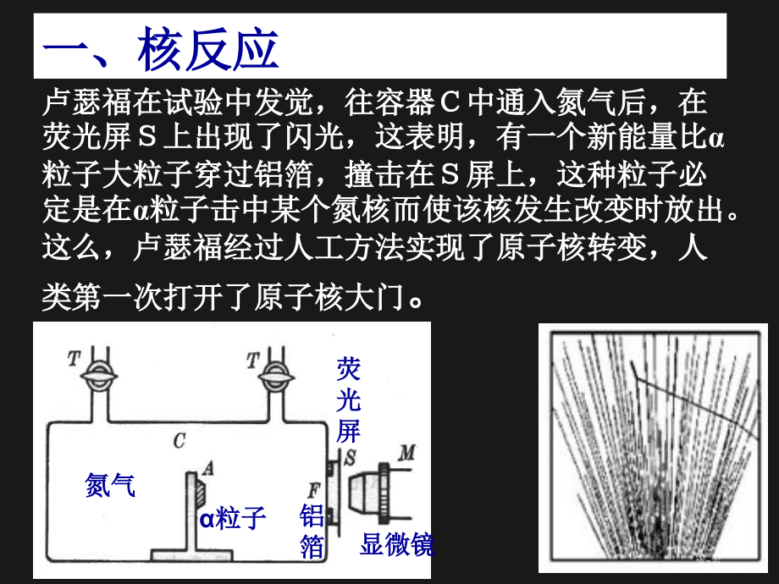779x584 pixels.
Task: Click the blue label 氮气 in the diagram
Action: click(110, 485)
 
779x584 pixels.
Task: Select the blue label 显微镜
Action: click(396, 544)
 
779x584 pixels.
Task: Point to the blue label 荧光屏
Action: click(348, 399)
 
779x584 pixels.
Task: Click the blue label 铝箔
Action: click(312, 532)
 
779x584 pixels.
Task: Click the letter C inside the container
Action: click(179, 439)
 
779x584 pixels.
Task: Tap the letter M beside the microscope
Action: click(408, 455)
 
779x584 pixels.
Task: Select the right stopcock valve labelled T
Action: click(272, 375)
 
